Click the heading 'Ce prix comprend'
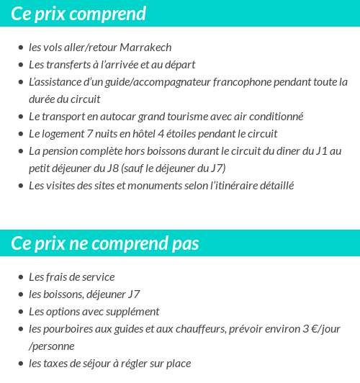[78, 14]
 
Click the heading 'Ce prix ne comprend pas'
[104, 243]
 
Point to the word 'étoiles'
[199, 134]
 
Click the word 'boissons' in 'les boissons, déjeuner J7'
[65, 294]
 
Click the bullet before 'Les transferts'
[20, 66]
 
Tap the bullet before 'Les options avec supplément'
[20, 312]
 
